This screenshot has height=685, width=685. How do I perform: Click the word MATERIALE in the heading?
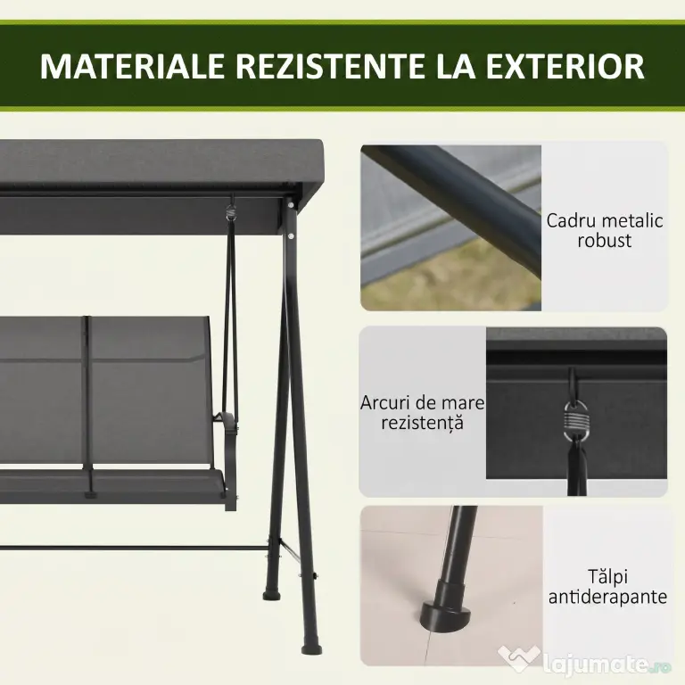[132, 66]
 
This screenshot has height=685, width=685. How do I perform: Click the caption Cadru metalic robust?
[605, 231]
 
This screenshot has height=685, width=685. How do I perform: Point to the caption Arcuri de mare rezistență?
[422, 413]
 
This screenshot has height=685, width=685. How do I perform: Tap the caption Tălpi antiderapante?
[607, 587]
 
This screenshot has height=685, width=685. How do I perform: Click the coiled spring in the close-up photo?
[576, 421]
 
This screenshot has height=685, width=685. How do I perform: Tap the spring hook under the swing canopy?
[232, 213]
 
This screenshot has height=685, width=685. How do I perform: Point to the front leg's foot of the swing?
[311, 648]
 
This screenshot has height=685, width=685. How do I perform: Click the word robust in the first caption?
[605, 241]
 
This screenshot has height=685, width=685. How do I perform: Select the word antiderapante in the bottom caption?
[607, 598]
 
